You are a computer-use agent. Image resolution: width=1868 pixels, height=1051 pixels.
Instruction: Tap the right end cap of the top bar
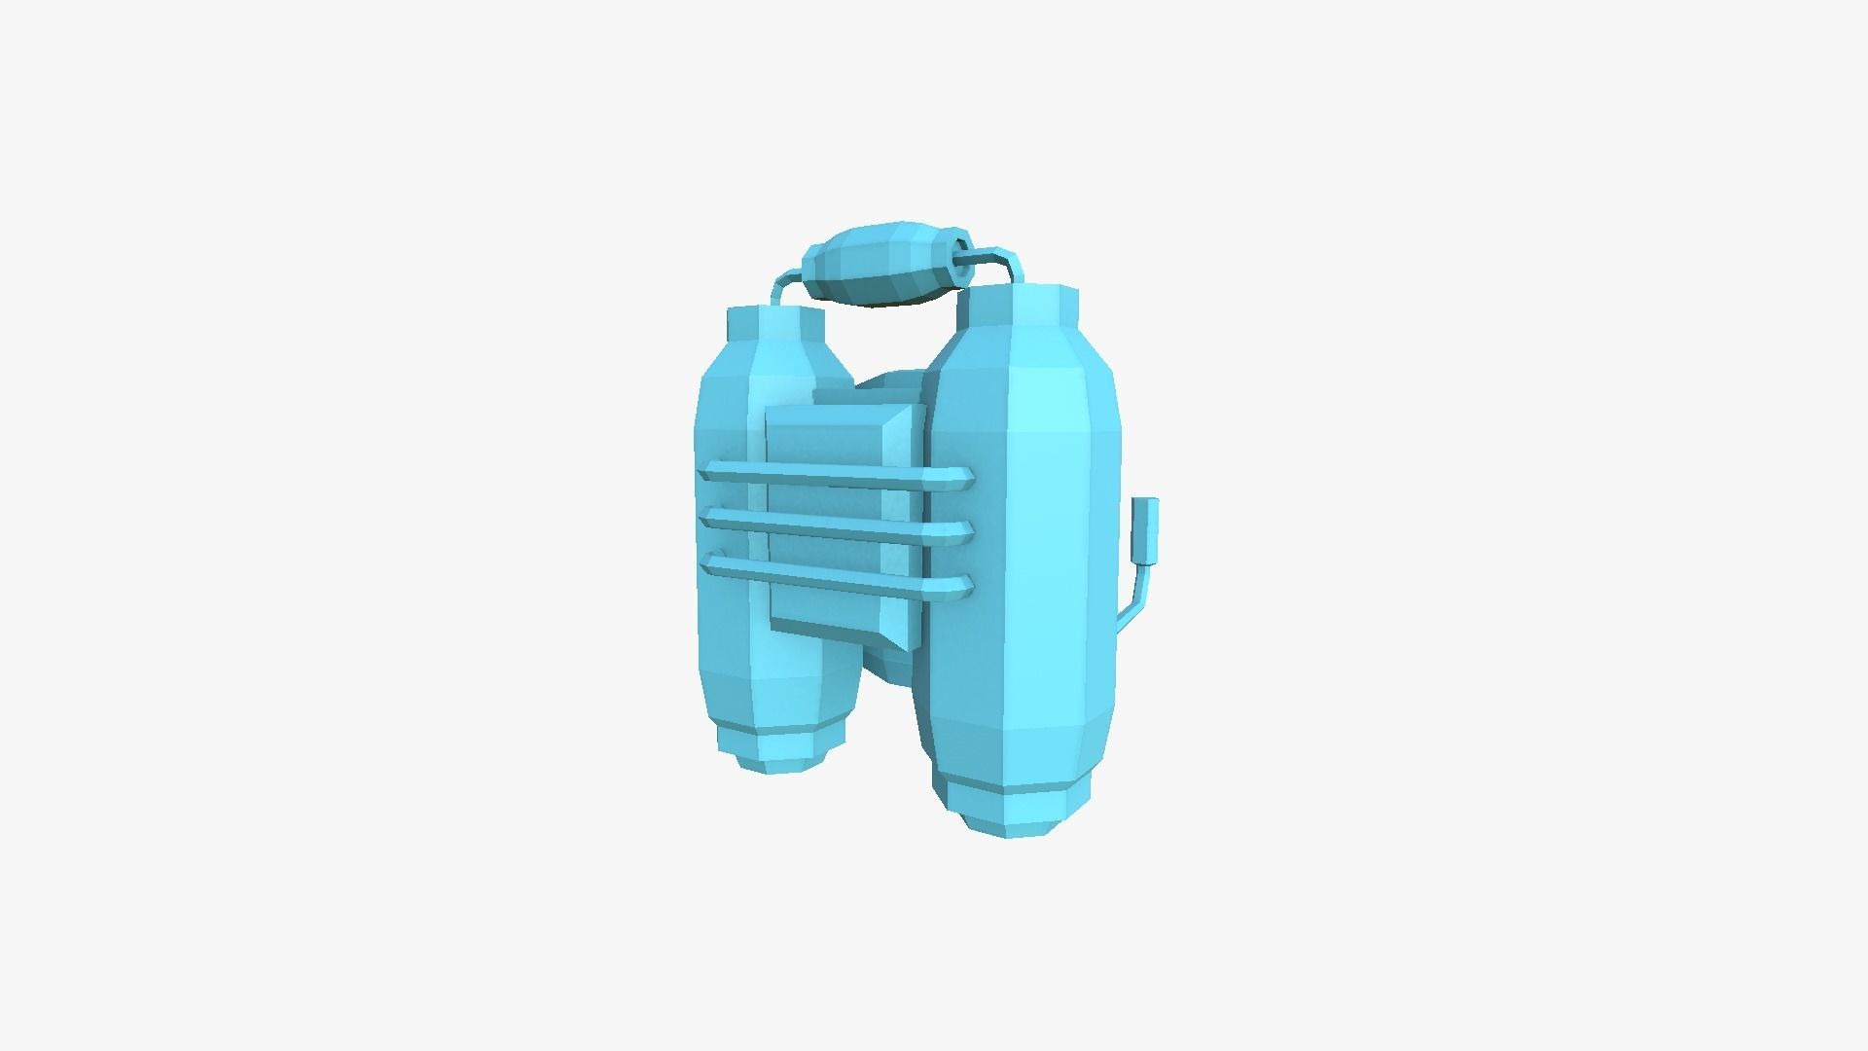[x=962, y=478]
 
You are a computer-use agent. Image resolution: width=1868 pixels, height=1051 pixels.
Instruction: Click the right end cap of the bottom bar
[x=962, y=586]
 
